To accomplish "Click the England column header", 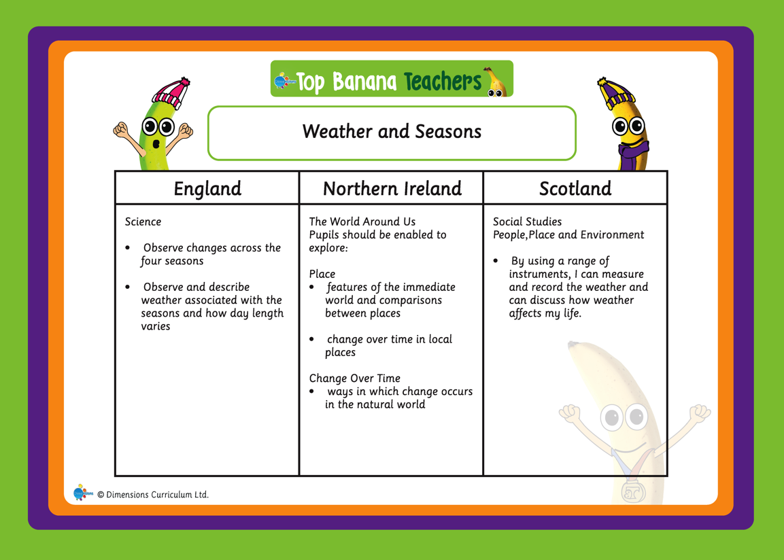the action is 207,189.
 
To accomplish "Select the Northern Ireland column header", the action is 392,189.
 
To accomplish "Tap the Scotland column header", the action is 575,189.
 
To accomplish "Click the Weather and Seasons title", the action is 392,131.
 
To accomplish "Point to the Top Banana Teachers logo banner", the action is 392,79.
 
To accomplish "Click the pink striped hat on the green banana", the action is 172,92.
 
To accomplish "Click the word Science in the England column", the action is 143,222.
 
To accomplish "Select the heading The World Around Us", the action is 362,222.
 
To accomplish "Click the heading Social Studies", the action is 527,222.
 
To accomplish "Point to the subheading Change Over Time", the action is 354,378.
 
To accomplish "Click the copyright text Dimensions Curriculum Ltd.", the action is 153,495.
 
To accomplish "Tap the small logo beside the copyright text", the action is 83,493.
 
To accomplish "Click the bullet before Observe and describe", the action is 128,287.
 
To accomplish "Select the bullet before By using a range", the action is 496,261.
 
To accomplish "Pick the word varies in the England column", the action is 156,326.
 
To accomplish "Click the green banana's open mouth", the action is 156,144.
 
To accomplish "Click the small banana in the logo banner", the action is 496,82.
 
